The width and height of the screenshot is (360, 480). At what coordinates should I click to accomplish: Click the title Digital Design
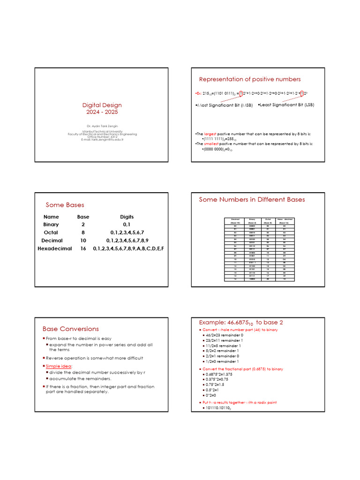click(x=102, y=105)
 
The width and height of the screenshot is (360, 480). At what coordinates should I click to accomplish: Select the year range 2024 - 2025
click(x=102, y=112)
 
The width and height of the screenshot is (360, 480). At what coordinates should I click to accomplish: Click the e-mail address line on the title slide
click(x=102, y=140)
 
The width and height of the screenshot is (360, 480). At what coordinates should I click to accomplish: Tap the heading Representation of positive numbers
click(x=250, y=79)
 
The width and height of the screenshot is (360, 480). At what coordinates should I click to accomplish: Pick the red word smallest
click(x=211, y=143)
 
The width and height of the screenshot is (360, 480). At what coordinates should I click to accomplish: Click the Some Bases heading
click(x=65, y=205)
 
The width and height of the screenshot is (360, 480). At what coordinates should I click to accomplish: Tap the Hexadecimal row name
click(x=55, y=248)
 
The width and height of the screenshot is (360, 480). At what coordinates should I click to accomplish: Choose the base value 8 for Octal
click(x=83, y=232)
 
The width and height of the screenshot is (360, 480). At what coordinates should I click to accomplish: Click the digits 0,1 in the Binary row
click(x=127, y=225)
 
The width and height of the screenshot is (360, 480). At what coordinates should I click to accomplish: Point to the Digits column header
click(x=127, y=217)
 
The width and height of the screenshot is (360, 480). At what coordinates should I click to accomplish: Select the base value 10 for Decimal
click(x=83, y=240)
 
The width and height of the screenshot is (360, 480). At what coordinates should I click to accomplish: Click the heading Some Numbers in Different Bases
click(x=252, y=200)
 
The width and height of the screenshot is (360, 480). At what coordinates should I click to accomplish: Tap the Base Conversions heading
click(x=71, y=329)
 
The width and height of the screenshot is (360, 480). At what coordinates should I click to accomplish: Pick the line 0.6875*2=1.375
click(x=219, y=375)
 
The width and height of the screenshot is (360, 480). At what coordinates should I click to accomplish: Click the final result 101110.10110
click(x=218, y=409)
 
